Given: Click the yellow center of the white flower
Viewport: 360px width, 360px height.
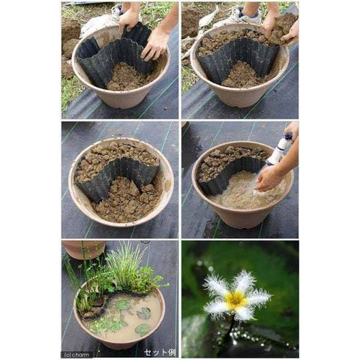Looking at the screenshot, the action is (235, 299).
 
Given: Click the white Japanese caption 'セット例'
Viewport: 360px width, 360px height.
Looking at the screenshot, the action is (160, 352).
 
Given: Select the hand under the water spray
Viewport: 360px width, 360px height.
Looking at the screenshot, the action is (268, 178).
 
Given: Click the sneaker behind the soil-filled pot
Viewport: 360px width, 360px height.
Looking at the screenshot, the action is (247, 16).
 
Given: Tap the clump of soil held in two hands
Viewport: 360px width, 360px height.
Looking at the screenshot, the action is (283, 28).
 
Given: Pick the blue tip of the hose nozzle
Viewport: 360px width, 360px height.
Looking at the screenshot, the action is (289, 136).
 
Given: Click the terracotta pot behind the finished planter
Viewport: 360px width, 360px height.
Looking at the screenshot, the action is (84, 249).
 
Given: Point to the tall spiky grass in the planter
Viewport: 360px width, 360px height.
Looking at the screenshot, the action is (125, 262).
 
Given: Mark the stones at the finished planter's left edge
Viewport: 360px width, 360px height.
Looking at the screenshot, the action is (92, 309).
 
